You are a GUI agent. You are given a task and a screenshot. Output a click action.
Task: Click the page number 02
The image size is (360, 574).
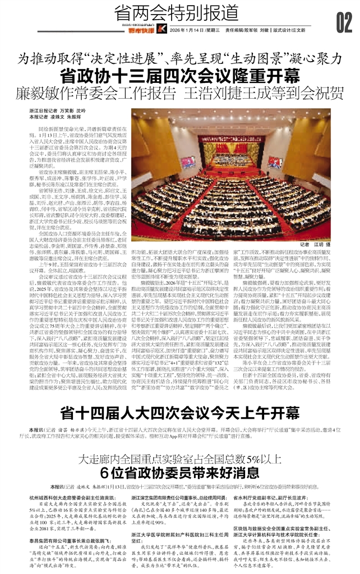point(343,23)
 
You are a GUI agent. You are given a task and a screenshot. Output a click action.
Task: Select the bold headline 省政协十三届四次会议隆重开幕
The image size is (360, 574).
point(180,76)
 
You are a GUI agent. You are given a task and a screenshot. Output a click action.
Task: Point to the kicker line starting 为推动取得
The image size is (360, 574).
point(180,57)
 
